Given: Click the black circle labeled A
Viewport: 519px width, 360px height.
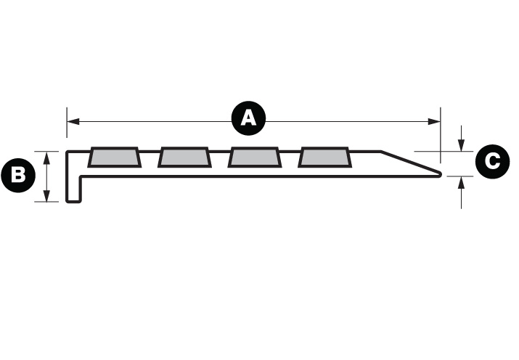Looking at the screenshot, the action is coord(248,118).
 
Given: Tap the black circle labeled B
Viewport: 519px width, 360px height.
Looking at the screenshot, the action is coord(18,175).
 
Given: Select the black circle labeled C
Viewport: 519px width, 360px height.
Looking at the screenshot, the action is coord(492,161).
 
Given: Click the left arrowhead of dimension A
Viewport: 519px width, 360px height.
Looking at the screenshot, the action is coord(73,121).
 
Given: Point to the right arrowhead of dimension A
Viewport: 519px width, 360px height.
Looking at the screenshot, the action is coord(434,121).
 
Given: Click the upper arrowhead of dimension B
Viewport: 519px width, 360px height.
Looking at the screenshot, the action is coord(46,157).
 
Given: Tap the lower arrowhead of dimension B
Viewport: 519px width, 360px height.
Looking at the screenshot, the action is coord(46,195).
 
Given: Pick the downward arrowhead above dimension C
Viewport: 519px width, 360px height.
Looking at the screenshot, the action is coord(461,145).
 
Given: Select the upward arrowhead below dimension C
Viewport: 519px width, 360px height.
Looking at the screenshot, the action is coord(461,183).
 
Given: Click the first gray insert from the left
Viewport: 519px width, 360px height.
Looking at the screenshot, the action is coord(114,157).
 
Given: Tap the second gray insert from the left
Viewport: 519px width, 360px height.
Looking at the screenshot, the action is coord(184,157).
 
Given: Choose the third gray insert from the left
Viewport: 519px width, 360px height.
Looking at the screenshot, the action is coord(255,157).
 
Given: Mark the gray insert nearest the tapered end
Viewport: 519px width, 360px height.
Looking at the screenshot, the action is coord(324,157).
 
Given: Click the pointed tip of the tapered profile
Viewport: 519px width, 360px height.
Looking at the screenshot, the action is coord(441,174).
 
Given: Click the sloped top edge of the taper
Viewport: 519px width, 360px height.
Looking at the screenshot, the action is coord(410,162).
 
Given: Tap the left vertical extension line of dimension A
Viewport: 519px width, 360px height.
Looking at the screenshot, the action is coord(67,122).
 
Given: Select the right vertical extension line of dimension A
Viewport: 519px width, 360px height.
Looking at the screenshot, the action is coord(440,135).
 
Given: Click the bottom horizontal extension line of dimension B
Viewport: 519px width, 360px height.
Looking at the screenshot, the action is coord(46,202).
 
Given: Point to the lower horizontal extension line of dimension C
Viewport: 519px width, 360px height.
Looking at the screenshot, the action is coord(459,176).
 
